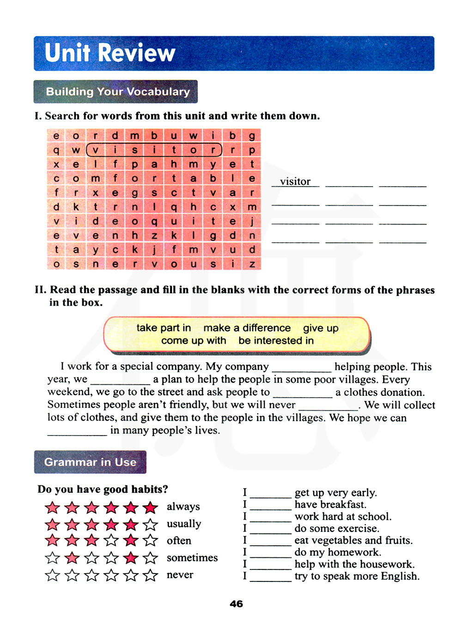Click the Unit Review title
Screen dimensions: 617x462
(x=110, y=53)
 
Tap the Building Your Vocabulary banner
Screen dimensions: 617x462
(x=117, y=91)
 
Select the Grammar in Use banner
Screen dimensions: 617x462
(x=90, y=462)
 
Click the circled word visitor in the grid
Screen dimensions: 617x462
(x=154, y=150)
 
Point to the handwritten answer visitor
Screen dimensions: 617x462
(x=295, y=181)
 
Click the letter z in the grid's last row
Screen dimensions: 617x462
(x=252, y=264)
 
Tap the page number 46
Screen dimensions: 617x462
(x=236, y=604)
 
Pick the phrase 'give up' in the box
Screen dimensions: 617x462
(x=321, y=328)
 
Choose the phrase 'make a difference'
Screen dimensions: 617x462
(x=247, y=328)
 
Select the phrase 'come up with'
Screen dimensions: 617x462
(x=194, y=341)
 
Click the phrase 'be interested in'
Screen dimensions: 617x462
(x=276, y=341)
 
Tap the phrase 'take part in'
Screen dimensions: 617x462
(x=164, y=328)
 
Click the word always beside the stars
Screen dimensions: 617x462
(x=183, y=507)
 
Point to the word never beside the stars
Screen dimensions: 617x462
(x=180, y=575)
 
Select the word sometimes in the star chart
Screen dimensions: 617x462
(x=192, y=558)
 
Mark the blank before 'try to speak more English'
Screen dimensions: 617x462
(x=270, y=577)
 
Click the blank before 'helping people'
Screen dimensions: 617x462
(x=302, y=368)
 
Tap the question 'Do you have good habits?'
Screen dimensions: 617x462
(x=103, y=489)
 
